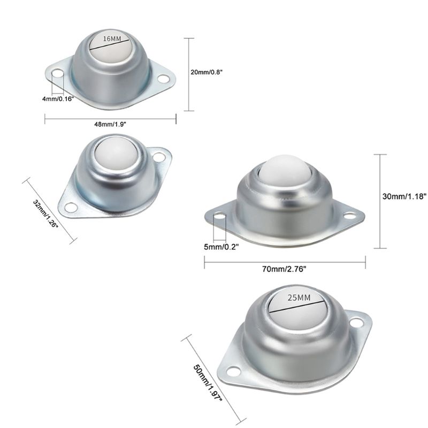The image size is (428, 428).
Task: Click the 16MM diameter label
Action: pyautogui.click(x=112, y=39)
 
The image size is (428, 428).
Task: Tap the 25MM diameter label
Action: pyautogui.click(x=299, y=297)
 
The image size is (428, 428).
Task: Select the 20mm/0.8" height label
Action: pyautogui.click(x=207, y=72)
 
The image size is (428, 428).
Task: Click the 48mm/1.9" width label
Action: pyautogui.click(x=110, y=124)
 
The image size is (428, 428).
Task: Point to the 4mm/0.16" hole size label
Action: pyautogui.click(x=58, y=99)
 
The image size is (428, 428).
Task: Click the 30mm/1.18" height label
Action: pyautogui.click(x=404, y=196)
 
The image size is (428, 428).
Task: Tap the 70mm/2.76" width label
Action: pyautogui.click(x=284, y=269)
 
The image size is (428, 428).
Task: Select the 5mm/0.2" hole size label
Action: pyautogui.click(x=221, y=247)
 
